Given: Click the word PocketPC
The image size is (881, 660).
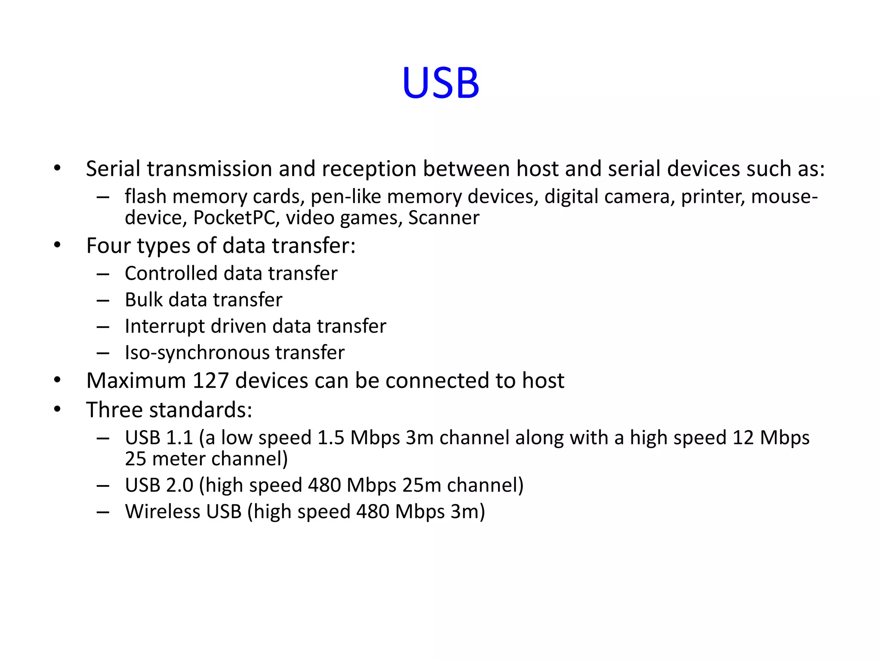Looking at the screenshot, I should [234, 218].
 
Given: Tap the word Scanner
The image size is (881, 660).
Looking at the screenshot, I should [444, 218].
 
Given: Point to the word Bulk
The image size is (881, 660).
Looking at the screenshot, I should [143, 299].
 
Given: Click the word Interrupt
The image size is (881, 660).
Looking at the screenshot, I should [164, 326].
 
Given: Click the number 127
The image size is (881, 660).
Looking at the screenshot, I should [210, 381].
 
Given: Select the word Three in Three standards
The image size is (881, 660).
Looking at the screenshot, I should [114, 409].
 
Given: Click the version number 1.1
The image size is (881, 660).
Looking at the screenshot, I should [179, 438].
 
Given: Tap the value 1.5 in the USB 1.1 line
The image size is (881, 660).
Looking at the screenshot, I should [331, 438].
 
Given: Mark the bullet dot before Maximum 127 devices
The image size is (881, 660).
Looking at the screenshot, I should [58, 381].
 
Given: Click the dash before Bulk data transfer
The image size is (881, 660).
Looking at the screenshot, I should [103, 300].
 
